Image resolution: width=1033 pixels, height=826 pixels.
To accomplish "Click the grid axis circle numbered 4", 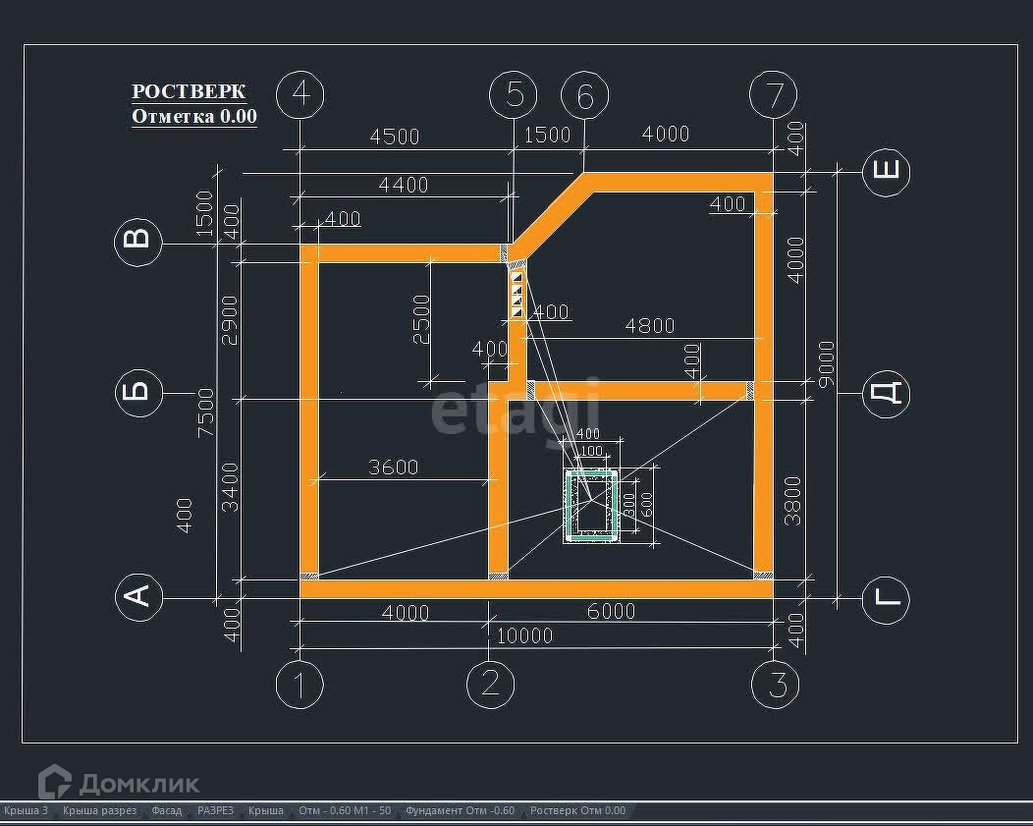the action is pos(300,94).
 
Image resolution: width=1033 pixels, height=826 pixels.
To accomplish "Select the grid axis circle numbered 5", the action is pos(514,95).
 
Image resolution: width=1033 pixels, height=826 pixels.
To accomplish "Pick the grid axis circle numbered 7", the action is pos(774,95).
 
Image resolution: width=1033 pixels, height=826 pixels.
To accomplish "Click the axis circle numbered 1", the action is pos(300,685).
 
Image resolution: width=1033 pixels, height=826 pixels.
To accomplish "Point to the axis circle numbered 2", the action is pos(491,684).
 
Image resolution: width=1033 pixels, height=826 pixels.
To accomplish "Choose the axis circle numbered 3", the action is pos(776,685).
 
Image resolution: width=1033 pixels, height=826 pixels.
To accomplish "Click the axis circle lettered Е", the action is pos(886,171).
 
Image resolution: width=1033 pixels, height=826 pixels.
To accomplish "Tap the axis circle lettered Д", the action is pos(886,394).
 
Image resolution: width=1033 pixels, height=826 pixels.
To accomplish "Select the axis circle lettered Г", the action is pos(886,599).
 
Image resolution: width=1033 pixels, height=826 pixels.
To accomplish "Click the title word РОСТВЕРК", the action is pos(189,91).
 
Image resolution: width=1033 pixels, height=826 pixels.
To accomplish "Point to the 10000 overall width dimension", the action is pos(524,636).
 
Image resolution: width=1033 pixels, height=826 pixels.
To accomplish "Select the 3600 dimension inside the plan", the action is pos(393,468).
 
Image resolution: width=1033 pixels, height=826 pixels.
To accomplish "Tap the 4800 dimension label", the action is pos(650,326).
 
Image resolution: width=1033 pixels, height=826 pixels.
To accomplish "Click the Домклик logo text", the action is pos(138,783).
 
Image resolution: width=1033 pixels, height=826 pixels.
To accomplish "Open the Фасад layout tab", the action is pos(166,811).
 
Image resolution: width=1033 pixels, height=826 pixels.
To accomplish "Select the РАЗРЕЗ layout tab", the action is pos(215,811).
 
